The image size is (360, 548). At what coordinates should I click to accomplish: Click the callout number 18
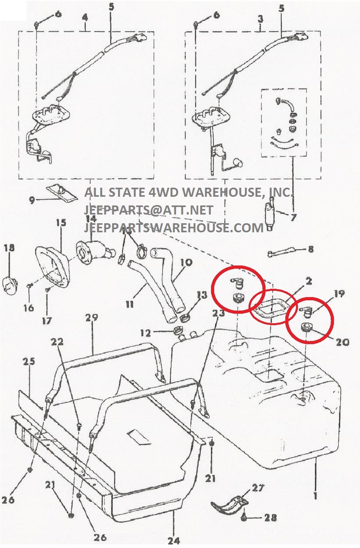[9, 248]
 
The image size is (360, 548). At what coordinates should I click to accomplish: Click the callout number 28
[270, 518]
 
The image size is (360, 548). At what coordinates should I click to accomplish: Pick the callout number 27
[258, 488]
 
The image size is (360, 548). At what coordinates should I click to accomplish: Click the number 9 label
[32, 200]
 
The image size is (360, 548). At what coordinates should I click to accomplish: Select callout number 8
[310, 249]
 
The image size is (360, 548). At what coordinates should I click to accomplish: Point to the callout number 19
[339, 294]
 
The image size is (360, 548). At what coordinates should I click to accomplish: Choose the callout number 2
[309, 281]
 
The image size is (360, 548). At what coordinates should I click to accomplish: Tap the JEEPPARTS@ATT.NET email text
[149, 210]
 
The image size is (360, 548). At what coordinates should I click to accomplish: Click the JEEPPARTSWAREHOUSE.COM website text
[174, 228]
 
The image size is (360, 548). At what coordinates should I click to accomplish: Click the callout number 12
[145, 333]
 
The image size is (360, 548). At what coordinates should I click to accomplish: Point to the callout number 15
[60, 223]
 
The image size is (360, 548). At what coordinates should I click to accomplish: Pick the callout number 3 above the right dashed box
[260, 19]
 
